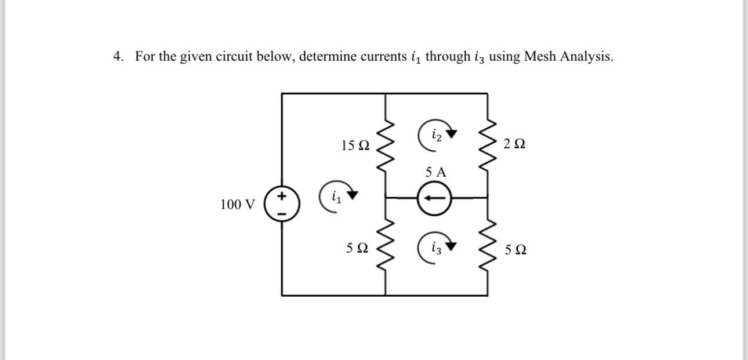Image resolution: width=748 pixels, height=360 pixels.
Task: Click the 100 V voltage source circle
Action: (x=282, y=205)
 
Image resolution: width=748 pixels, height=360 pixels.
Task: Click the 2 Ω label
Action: (x=515, y=143)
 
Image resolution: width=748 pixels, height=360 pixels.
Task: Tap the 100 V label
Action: (x=237, y=205)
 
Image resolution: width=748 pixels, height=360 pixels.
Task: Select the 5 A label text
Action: (x=436, y=172)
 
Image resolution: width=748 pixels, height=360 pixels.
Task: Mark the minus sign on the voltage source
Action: (x=282, y=213)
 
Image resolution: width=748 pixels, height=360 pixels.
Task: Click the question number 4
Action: (x=117, y=57)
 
